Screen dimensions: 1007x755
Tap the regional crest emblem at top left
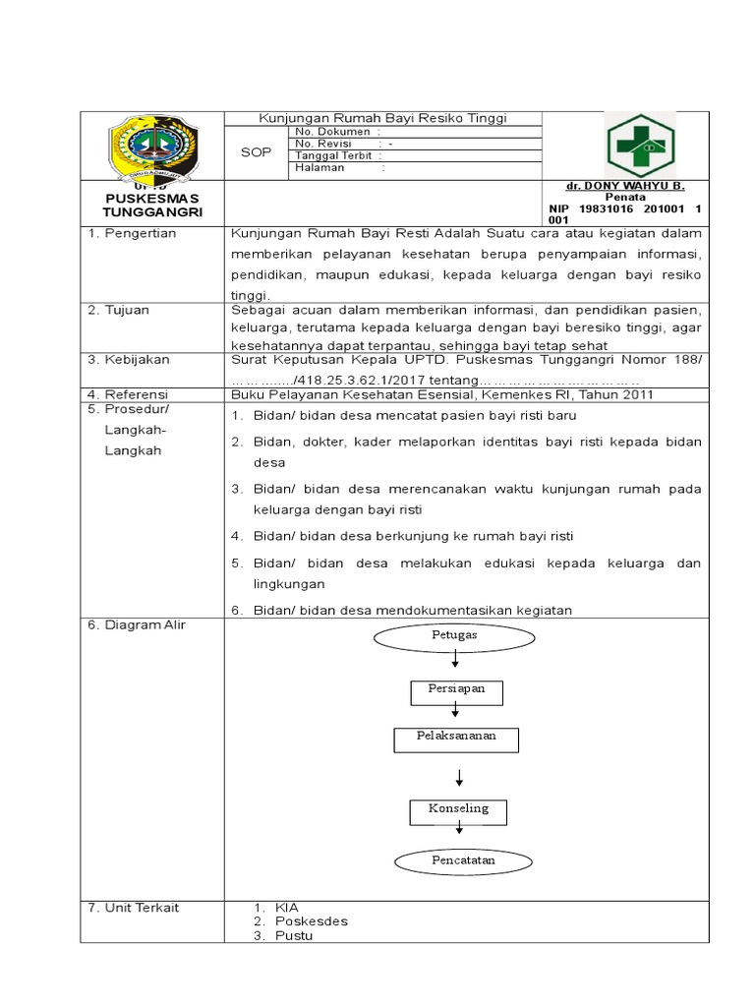153,148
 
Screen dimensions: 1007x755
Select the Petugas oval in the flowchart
454,636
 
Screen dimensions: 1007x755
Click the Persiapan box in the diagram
456,691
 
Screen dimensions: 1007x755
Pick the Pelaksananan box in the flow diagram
456,739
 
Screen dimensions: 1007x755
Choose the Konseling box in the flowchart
456,810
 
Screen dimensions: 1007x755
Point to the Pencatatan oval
456,861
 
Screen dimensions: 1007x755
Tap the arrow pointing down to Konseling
456,779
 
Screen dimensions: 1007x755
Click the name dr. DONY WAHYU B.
638,186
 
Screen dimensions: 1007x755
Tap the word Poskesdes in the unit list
312,921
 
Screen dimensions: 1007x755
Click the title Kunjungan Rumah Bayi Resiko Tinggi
382,118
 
